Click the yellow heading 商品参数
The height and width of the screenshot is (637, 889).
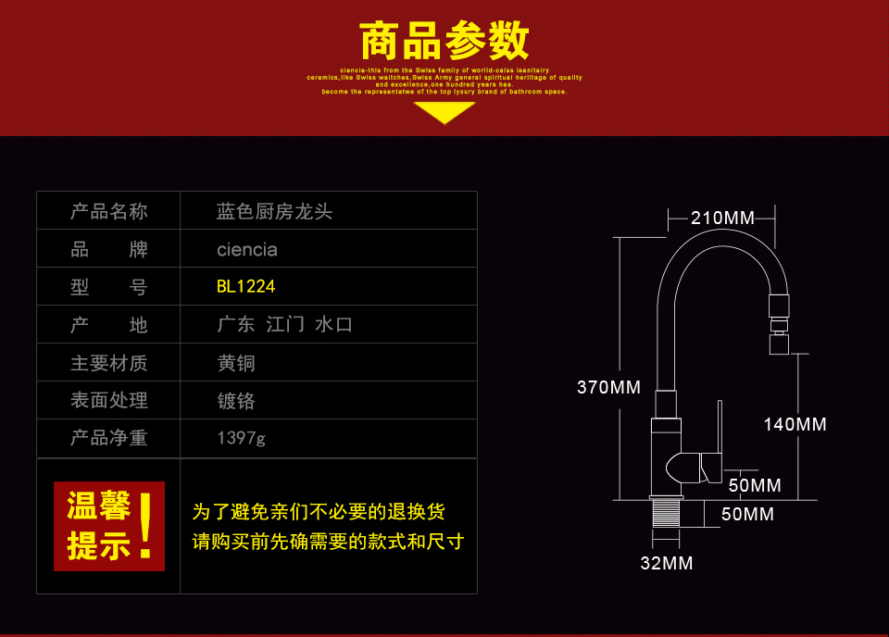coord(444,41)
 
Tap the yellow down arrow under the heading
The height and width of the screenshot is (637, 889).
coord(444,112)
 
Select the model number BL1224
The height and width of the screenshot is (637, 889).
coord(245,287)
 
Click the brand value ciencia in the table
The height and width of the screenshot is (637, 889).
coord(246,250)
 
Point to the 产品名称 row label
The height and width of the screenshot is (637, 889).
coord(108,212)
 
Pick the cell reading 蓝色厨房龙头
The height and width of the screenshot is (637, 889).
coord(274,212)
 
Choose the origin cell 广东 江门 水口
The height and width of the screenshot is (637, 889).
coord(284,325)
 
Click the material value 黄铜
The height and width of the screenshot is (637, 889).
coord(235,363)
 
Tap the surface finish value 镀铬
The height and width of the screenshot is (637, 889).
coord(235,401)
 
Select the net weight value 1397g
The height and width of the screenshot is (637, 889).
coord(241,438)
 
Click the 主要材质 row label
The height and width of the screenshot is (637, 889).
coord(108,363)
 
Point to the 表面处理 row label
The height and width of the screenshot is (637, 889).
coord(108,401)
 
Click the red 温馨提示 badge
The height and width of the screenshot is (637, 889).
coord(108,526)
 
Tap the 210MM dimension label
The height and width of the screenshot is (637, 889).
coord(722,219)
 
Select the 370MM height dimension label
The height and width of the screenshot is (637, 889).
coord(608,388)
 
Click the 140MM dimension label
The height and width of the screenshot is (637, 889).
coord(795,425)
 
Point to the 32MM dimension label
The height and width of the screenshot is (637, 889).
coord(666,563)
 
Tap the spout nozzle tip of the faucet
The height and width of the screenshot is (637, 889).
coord(779,344)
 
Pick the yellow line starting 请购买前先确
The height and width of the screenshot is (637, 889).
coord(328,542)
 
